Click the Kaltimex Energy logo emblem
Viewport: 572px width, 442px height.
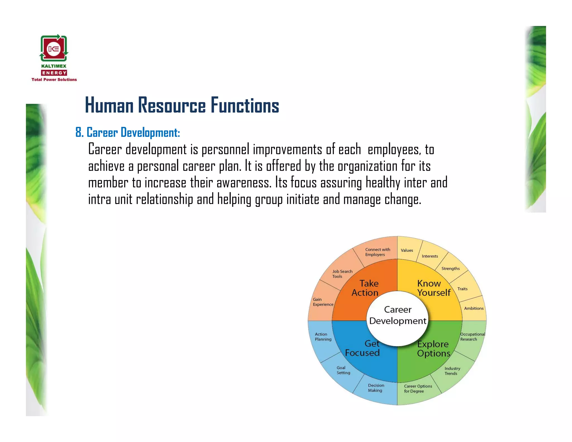coord(54,48)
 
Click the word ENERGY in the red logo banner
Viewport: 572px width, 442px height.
coord(54,73)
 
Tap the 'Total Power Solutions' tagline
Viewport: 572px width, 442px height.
coord(54,80)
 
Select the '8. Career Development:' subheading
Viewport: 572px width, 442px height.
coord(128,132)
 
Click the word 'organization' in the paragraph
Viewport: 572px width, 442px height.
coord(367,166)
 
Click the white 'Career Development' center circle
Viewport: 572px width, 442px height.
coord(397,315)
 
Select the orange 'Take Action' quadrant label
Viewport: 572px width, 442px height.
coord(365,288)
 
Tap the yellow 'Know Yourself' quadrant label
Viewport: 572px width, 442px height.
coord(433,288)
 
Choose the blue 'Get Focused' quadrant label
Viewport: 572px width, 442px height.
coord(363,348)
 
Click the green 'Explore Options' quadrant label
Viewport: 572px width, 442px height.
coord(433,349)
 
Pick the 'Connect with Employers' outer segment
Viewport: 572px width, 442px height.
coord(377,252)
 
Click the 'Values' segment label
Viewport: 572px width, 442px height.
coord(407,250)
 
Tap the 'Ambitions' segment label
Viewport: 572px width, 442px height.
coord(474,308)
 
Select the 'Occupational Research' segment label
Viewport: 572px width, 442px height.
coord(472,337)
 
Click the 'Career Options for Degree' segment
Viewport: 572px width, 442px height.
coord(418,389)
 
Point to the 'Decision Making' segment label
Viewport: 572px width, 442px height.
coord(376,388)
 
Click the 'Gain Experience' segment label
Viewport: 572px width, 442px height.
coord(323,302)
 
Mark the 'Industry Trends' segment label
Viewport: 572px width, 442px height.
coord(452,371)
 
